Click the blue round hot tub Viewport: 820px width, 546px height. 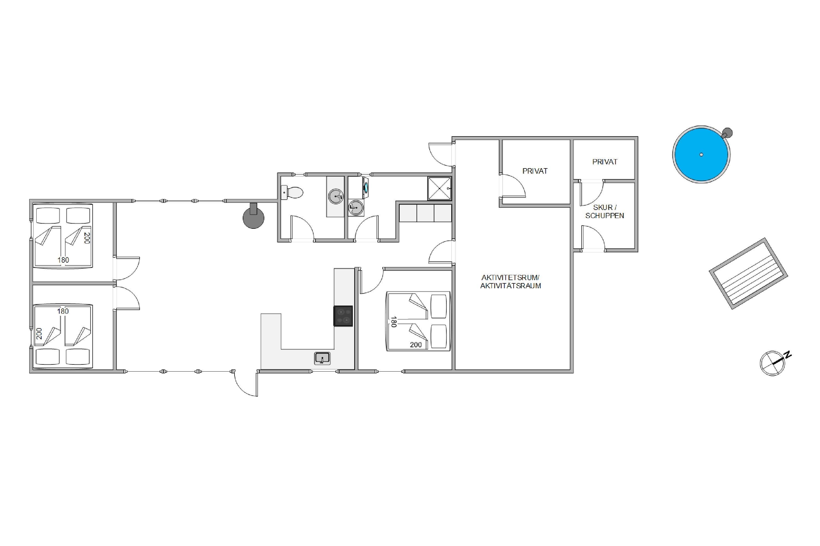[x=701, y=154]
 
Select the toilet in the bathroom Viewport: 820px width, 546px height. [x=292, y=192]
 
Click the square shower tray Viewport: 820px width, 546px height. [x=439, y=188]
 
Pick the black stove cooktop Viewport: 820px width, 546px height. [x=343, y=316]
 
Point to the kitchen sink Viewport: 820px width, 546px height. [x=322, y=358]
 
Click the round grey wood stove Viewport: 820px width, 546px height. [x=253, y=216]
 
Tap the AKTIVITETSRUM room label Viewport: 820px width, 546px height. [x=510, y=278]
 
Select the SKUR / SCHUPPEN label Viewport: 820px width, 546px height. [x=605, y=211]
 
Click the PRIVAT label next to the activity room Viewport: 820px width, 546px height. [x=535, y=171]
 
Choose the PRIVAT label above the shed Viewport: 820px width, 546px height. [x=605, y=162]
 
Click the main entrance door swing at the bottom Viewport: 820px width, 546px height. [x=245, y=383]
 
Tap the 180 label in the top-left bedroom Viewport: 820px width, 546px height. [x=63, y=260]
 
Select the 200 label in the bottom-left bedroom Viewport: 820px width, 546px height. [x=39, y=334]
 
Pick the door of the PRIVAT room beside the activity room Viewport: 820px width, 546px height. [x=512, y=186]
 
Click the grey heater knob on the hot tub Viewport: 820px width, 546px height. [x=728, y=133]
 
